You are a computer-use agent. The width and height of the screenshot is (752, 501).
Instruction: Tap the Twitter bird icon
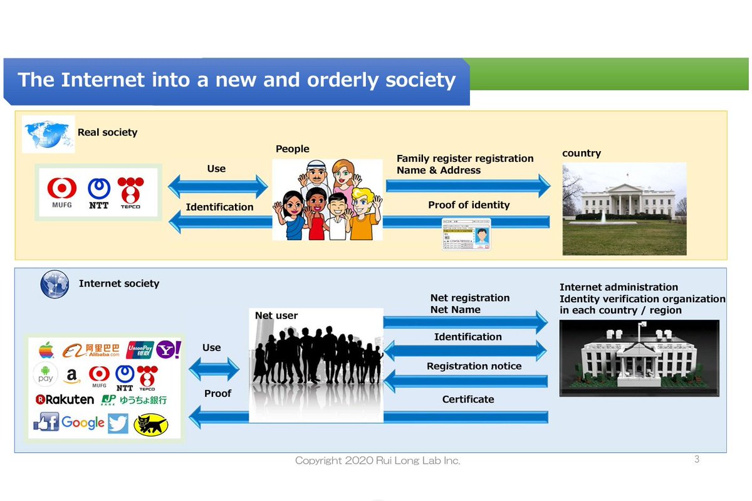tap(118, 424)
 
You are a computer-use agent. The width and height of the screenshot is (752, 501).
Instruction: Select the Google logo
tap(83, 423)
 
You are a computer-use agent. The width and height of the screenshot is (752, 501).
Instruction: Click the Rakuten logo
tap(65, 399)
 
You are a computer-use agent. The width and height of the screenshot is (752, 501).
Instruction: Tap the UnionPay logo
tap(140, 350)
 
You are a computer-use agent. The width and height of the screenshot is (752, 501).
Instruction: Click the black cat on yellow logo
tap(151, 424)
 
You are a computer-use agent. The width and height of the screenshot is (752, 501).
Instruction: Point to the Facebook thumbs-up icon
tap(46, 422)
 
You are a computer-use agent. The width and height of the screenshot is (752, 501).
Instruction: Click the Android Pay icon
tap(45, 375)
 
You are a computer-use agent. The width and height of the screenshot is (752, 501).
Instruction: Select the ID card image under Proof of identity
tap(466, 235)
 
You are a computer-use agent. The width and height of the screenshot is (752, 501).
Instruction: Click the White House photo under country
tap(624, 209)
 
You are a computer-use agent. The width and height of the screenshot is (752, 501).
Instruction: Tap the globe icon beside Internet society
tap(55, 284)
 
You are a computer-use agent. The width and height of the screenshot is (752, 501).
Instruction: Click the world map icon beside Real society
tap(48, 134)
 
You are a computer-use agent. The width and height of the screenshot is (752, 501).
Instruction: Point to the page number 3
tap(697, 460)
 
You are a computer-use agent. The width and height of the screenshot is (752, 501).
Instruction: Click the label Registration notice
tap(474, 366)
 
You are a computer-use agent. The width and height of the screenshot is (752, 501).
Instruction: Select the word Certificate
tap(468, 399)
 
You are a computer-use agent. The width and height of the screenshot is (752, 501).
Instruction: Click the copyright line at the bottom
tap(378, 461)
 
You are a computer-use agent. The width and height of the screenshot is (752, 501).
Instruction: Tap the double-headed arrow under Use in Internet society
tap(214, 370)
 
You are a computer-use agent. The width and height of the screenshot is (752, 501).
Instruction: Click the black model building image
tap(639, 358)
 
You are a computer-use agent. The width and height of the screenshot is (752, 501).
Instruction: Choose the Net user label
tap(276, 315)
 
